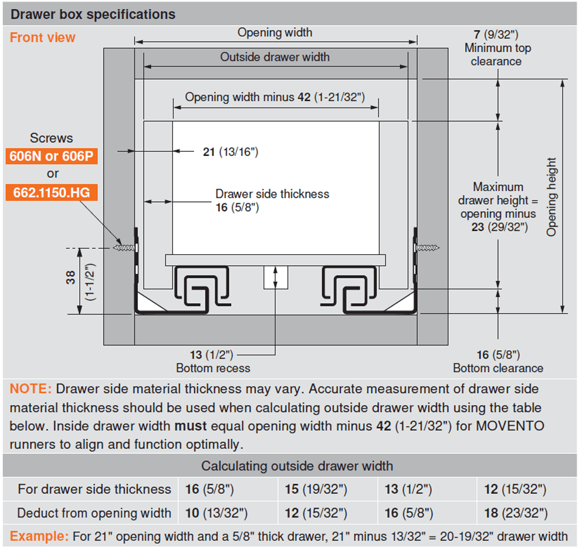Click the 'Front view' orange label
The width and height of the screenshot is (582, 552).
(42, 38)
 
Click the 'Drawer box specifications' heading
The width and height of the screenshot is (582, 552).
(93, 14)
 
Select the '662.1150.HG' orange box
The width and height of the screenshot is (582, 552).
(52, 192)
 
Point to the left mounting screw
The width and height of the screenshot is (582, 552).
(125, 248)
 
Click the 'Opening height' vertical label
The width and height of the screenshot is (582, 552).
(552, 197)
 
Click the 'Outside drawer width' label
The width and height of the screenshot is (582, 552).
(275, 57)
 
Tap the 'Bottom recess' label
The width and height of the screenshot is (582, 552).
(213, 368)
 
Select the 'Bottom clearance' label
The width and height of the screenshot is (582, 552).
(498, 368)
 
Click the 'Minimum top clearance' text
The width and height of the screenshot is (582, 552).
(497, 54)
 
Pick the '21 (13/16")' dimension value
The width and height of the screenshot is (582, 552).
(230, 152)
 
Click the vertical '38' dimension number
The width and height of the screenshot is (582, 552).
(70, 278)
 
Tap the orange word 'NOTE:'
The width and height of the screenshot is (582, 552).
(31, 389)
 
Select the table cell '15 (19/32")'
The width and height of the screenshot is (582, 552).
(316, 490)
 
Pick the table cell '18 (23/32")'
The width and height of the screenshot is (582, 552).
(516, 513)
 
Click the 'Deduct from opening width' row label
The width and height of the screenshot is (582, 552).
(94, 513)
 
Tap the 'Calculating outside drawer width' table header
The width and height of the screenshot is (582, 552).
(297, 466)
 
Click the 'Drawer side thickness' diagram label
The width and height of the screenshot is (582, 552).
(272, 194)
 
